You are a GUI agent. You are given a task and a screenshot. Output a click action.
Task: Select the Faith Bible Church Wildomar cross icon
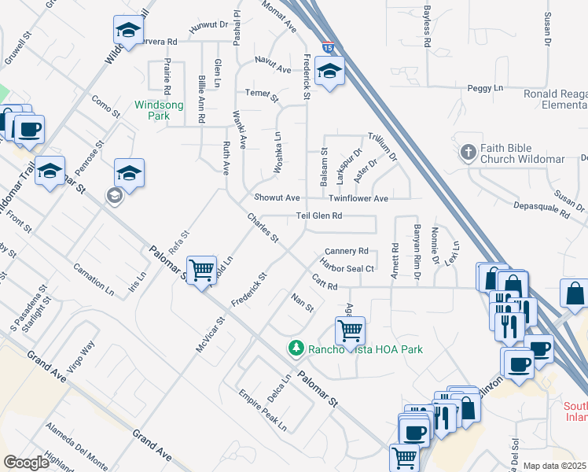(x=468, y=152)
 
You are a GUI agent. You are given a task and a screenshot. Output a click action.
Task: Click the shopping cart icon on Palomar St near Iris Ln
(x=202, y=271)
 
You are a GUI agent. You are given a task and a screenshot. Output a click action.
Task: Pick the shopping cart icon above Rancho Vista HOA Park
(x=349, y=330)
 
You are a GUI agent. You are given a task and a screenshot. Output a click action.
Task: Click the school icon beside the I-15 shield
(x=329, y=72)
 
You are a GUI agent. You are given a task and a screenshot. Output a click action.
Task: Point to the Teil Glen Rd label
(x=319, y=216)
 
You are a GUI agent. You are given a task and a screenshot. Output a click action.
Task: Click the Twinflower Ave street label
(x=358, y=199)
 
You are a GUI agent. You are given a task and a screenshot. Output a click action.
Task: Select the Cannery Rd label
(x=347, y=251)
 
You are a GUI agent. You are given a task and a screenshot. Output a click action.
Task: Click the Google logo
(x=27, y=463)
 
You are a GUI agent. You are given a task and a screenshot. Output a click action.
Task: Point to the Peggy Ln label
(x=485, y=88)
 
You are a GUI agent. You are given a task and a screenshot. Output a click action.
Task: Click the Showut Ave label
(x=277, y=197)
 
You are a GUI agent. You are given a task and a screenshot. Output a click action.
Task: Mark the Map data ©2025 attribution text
(x=555, y=466)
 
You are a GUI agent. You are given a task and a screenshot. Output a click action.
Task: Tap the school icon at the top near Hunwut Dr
(x=127, y=31)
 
